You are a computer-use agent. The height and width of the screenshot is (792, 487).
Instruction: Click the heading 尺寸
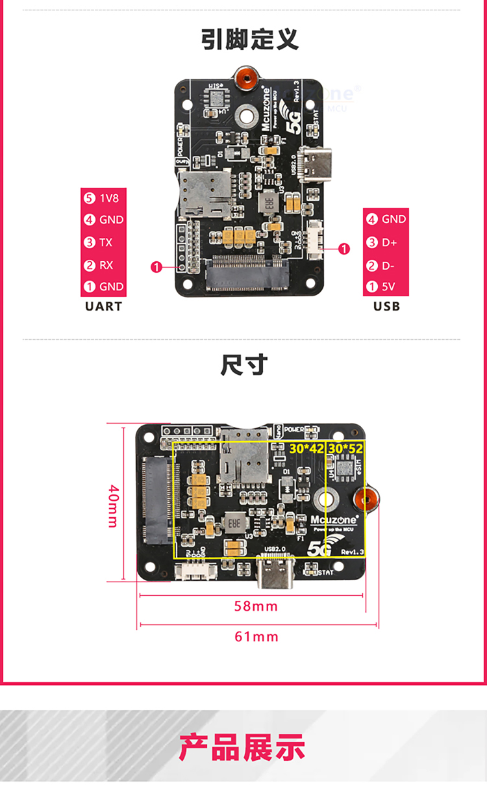(x=243, y=365)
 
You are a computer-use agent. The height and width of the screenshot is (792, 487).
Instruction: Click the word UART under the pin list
(x=103, y=306)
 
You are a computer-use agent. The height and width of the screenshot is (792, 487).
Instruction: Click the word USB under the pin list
(x=386, y=306)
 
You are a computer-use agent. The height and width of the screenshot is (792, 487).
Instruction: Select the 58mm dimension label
(x=256, y=606)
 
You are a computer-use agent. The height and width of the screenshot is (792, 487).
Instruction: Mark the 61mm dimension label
(x=256, y=637)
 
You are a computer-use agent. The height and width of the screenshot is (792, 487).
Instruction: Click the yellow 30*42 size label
(x=306, y=448)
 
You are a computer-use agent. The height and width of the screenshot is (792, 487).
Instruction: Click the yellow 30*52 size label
(x=345, y=448)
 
